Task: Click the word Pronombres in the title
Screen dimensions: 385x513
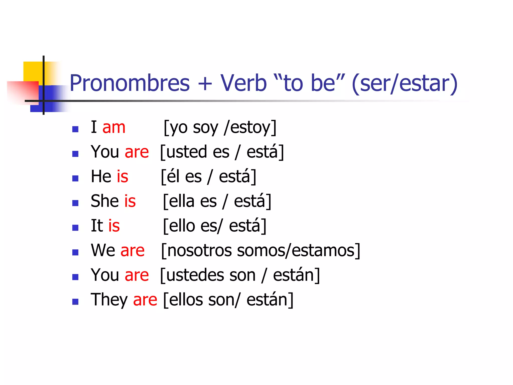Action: (x=130, y=83)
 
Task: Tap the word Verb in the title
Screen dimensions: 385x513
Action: (x=243, y=83)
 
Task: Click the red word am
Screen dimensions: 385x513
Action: (x=114, y=128)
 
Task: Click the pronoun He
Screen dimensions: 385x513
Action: (x=101, y=176)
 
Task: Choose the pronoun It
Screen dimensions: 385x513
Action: (x=97, y=226)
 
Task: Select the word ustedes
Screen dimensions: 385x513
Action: (x=195, y=275)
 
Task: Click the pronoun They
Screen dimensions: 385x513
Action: (x=109, y=300)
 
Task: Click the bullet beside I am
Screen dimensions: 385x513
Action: (x=75, y=129)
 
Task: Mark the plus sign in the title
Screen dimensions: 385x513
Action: (x=205, y=84)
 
